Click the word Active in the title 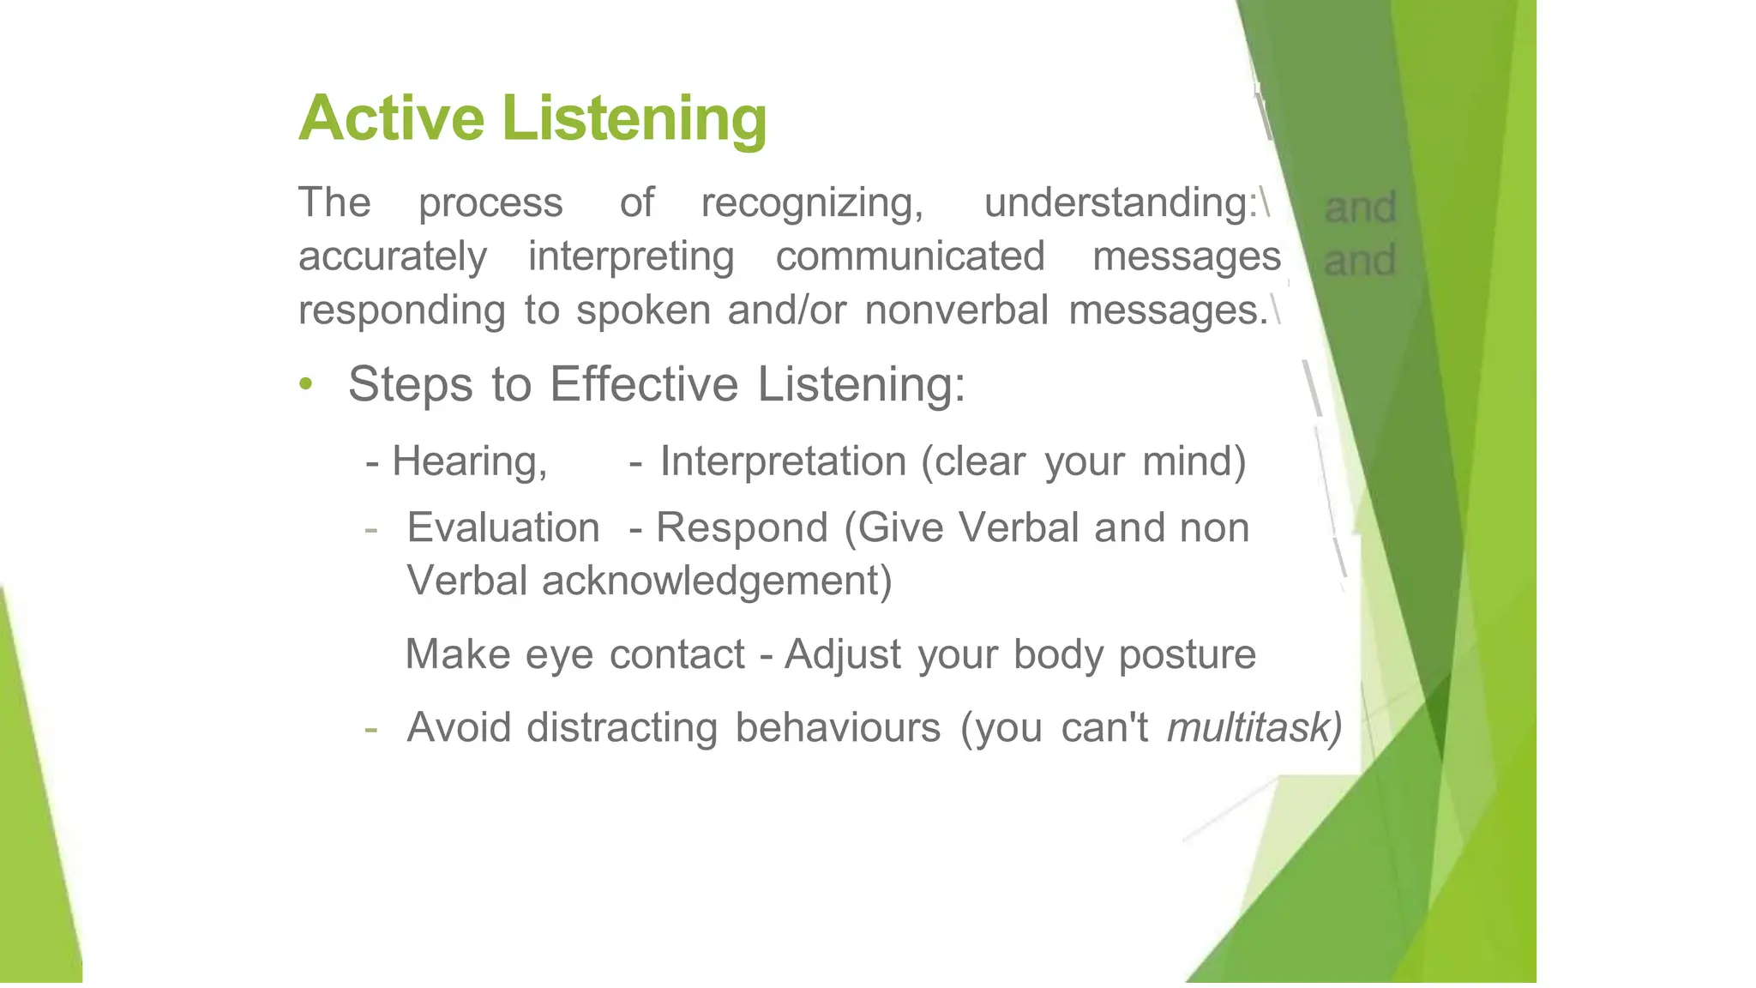click(x=391, y=117)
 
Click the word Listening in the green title click(x=634, y=119)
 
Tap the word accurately click(x=393, y=257)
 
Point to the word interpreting click(x=631, y=257)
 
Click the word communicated click(x=910, y=256)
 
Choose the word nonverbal click(x=956, y=310)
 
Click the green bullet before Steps click(x=306, y=384)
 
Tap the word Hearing click(x=468, y=461)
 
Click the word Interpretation click(x=783, y=461)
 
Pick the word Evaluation click(x=503, y=527)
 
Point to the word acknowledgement click(x=717, y=581)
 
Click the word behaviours click(x=838, y=727)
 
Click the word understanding click(x=1119, y=203)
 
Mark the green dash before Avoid click(x=370, y=729)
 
